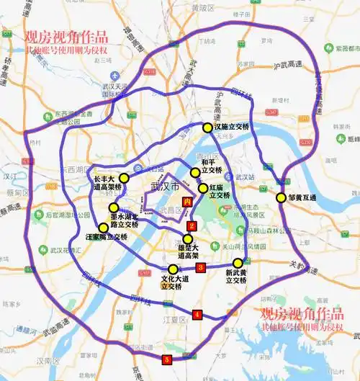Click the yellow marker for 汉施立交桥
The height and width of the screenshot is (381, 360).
207,127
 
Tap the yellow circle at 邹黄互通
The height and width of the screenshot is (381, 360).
281,197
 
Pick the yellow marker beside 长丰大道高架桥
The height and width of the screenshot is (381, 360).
124,178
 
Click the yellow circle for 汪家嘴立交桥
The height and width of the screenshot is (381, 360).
103,228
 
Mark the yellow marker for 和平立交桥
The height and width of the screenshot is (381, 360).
194,172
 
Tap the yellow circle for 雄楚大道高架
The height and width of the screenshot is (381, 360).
188,239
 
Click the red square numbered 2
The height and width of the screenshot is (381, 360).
192,226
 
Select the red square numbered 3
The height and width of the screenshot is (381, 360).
201,267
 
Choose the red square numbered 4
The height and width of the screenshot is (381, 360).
197,314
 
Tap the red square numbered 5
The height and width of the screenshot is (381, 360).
167,358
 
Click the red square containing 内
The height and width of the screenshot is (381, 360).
188,202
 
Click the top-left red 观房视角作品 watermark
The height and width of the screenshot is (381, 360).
66,37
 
